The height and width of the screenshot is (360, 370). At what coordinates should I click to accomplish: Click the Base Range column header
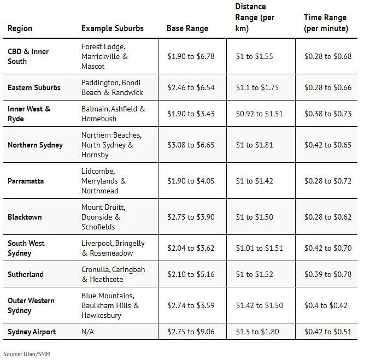(187, 28)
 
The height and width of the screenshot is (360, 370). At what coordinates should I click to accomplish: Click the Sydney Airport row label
(32, 332)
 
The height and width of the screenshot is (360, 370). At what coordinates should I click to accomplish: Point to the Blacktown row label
(25, 217)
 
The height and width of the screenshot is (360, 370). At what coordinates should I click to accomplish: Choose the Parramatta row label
(26, 181)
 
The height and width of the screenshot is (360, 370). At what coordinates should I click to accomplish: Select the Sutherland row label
(26, 274)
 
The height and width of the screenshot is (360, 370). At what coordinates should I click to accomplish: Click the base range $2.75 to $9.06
(191, 332)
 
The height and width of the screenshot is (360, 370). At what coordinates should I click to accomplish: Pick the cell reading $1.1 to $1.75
(257, 87)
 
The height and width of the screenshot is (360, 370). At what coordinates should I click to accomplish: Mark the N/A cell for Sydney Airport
(89, 332)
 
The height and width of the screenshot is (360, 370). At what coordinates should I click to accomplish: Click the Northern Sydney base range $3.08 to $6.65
(191, 145)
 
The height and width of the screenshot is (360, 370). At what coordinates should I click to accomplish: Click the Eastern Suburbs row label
(34, 87)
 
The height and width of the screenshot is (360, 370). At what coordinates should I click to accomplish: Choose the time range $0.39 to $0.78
(327, 274)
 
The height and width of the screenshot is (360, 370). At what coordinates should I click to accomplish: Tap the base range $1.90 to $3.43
(191, 114)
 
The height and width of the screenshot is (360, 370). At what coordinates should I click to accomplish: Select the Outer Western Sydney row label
(31, 305)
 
